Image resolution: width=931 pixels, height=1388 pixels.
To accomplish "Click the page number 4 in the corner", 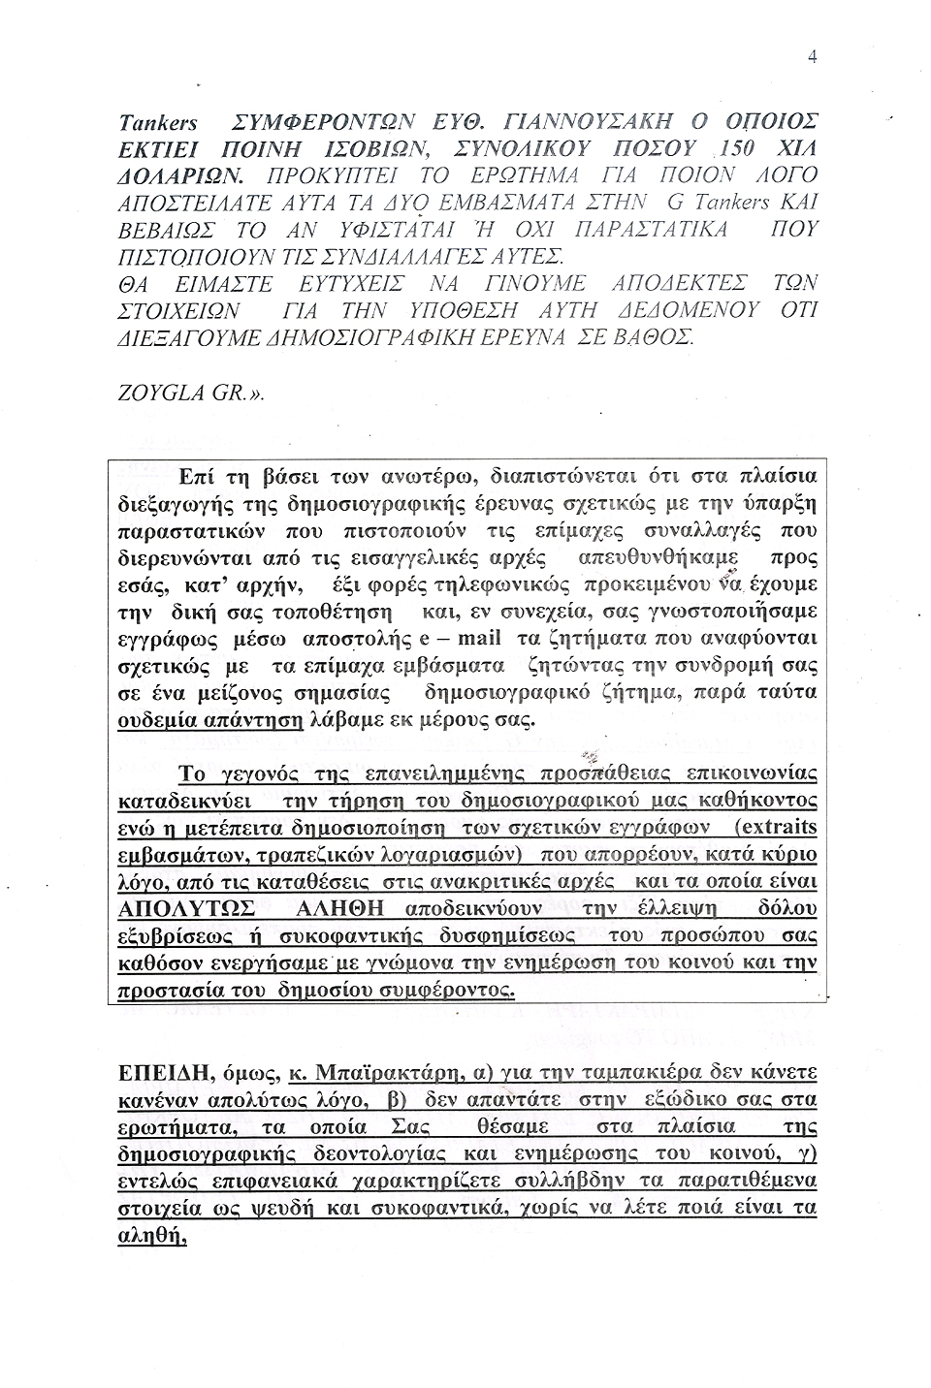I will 813,57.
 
